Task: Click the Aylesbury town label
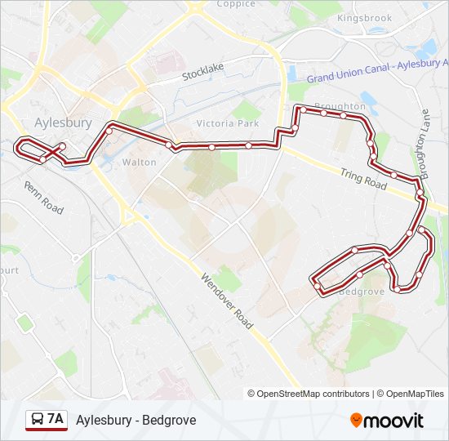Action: (x=62, y=122)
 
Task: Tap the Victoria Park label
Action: (x=227, y=123)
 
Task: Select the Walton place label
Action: (x=139, y=163)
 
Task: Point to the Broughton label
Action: (x=339, y=107)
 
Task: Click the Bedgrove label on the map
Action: (x=360, y=291)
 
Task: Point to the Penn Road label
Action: (x=43, y=198)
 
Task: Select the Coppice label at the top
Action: (x=236, y=4)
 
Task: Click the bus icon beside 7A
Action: (x=37, y=420)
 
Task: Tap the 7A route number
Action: (x=56, y=420)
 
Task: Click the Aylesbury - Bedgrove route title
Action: (x=136, y=421)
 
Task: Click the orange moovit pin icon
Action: (x=357, y=421)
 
